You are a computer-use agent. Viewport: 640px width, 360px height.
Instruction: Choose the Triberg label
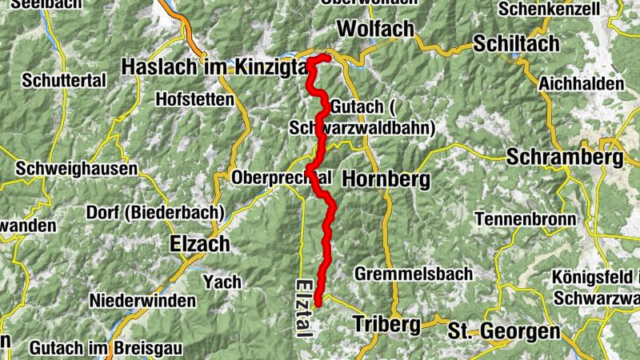pos(386,325)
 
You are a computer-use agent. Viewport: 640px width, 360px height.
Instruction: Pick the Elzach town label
pos(200,243)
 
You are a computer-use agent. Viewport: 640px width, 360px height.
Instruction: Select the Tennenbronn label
pos(525,218)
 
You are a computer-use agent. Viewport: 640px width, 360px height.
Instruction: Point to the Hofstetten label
pos(196,100)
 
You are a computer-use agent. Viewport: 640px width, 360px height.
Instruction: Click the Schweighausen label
pos(76,169)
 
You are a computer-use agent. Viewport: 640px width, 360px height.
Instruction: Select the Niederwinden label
pos(142,302)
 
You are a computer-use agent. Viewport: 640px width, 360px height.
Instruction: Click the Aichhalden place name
pos(582,84)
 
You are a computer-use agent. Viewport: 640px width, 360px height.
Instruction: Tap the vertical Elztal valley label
pos(303,307)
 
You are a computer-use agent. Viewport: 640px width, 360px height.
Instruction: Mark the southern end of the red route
pos(318,303)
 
